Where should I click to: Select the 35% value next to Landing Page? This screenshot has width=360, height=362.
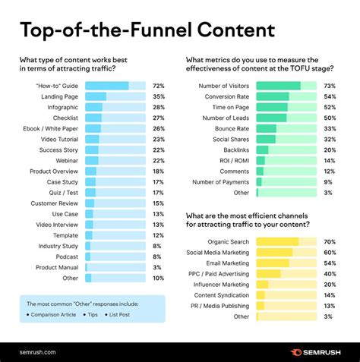click(159, 96)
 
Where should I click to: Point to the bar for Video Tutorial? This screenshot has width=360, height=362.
click(93, 139)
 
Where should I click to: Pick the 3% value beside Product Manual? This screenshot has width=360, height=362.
click(157, 267)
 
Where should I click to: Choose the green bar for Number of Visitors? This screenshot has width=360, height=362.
click(279, 86)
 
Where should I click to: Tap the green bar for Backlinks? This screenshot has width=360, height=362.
click(263, 150)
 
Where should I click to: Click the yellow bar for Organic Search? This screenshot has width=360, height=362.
click(277, 241)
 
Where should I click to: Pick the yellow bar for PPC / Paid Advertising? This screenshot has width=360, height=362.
click(269, 273)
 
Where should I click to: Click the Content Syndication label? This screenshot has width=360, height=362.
click(223, 294)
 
